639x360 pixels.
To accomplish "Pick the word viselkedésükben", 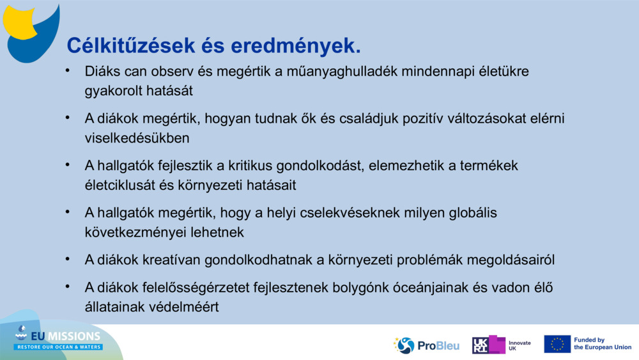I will coord(137,137).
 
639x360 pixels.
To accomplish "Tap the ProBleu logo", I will coord(426,345).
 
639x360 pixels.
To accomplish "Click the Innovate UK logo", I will coord(502,345).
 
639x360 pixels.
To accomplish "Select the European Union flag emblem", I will coord(557,344).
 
